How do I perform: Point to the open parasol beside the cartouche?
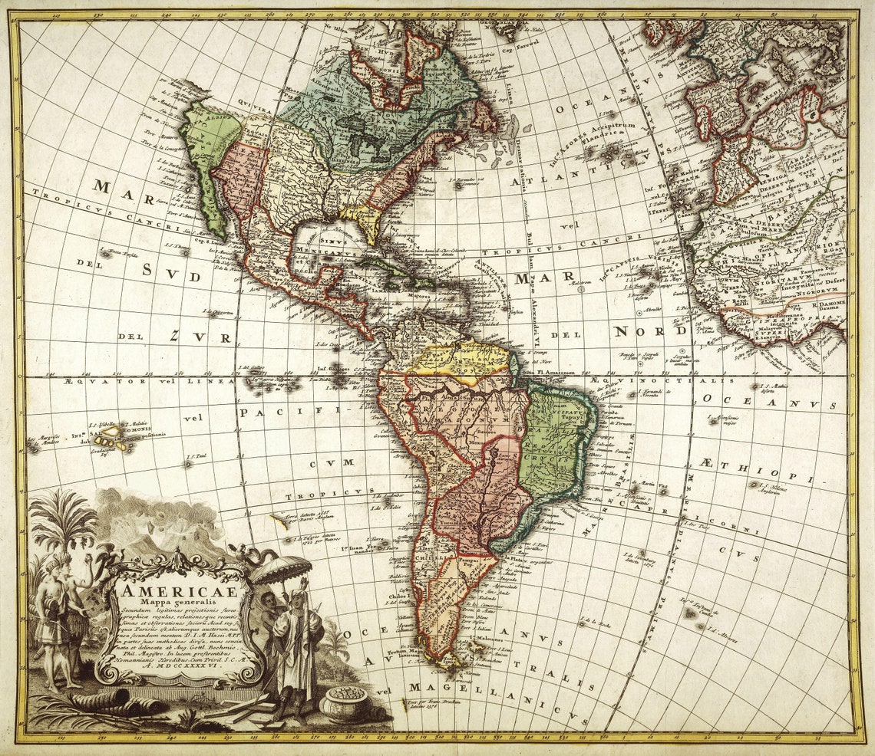tap(282, 569)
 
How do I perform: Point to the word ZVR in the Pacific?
tap(201, 336)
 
